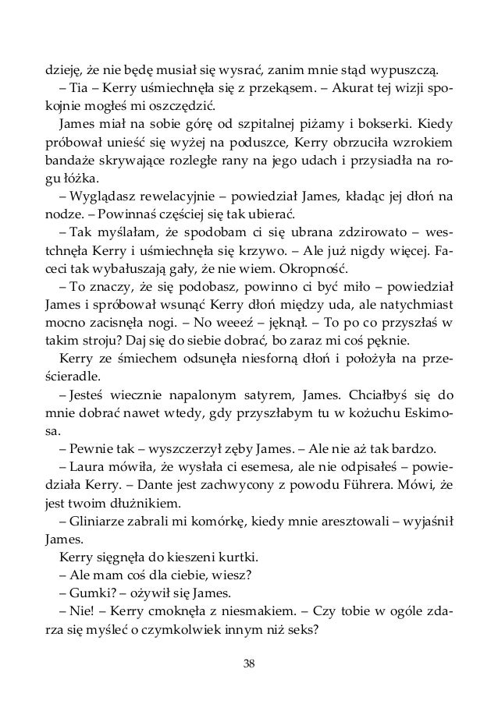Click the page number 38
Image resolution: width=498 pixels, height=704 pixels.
coord(249,663)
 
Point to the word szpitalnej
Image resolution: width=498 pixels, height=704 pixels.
coord(234,126)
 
